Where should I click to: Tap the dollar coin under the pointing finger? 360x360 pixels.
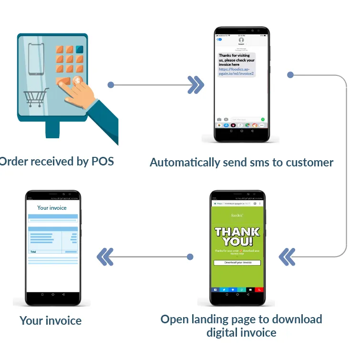(x=78, y=81)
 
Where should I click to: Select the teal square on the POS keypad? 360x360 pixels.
(x=79, y=50)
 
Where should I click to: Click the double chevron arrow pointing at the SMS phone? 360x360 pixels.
(x=195, y=85)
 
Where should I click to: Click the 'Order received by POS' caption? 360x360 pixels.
(x=56, y=161)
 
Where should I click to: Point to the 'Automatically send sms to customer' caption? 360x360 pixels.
(x=241, y=162)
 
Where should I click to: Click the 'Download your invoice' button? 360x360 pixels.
(x=237, y=263)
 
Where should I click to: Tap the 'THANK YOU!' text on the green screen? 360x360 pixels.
(x=237, y=237)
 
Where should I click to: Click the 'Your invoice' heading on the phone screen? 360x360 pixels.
(x=52, y=208)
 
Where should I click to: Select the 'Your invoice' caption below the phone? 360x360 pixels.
(x=51, y=320)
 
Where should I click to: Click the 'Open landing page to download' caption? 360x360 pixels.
(x=241, y=319)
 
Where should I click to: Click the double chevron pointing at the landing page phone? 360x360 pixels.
(x=287, y=257)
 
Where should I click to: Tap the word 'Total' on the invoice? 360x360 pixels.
(x=33, y=251)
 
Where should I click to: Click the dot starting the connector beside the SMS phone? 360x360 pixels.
(x=290, y=75)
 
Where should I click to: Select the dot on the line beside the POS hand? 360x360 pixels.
(x=111, y=85)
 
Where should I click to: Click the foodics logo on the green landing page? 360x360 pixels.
(x=237, y=215)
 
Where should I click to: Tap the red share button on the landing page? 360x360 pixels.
(x=258, y=289)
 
